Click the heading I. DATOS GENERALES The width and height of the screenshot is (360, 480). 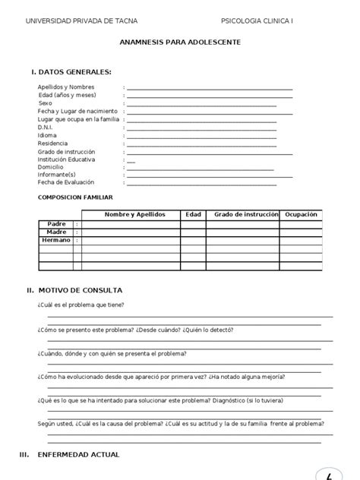click(71, 72)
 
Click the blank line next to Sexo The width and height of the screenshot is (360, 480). click(201, 103)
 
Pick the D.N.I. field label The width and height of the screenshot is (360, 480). click(47, 127)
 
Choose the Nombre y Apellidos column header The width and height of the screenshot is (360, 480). click(134, 215)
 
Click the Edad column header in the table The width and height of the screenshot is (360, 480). click(193, 215)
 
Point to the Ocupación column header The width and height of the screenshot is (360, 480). click(300, 215)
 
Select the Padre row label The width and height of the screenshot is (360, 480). click(57, 224)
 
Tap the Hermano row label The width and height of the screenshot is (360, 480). click(55, 240)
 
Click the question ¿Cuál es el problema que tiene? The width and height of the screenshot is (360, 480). click(81, 305)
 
